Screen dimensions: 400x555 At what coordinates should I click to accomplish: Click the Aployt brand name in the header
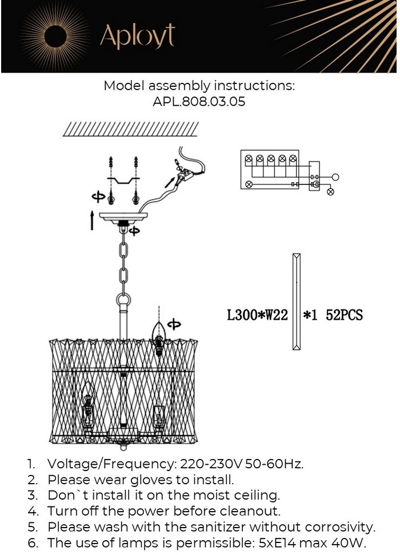[x=138, y=36]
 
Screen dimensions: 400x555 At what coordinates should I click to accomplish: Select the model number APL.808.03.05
[x=199, y=102]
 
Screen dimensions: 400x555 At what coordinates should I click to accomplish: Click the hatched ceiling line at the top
[x=130, y=129]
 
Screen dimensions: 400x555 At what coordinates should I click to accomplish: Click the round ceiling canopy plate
[x=123, y=216]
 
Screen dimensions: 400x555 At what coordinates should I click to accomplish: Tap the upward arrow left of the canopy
[x=92, y=220]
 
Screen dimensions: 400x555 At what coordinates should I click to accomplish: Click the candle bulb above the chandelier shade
[x=159, y=335]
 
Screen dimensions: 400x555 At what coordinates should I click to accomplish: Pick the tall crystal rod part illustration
[x=297, y=301]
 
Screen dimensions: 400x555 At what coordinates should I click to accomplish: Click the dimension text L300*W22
[x=257, y=315]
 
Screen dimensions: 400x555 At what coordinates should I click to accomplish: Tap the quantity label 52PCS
[x=345, y=315]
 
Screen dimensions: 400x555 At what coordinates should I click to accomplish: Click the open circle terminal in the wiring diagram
[x=335, y=177]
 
